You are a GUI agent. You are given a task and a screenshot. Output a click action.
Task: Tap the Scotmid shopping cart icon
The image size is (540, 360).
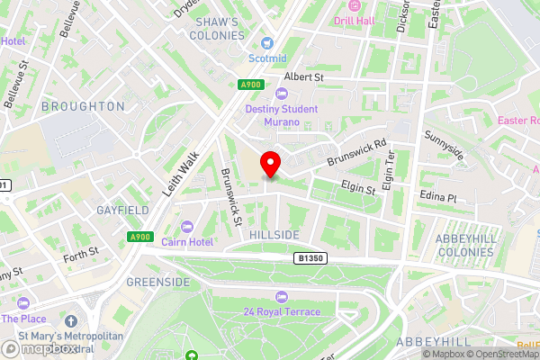point(267,43)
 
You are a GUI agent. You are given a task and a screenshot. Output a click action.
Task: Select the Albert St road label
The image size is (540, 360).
point(303,78)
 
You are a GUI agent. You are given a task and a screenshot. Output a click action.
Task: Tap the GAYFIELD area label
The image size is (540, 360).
point(121,210)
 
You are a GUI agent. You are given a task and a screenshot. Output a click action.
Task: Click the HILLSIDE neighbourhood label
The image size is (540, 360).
point(274,234)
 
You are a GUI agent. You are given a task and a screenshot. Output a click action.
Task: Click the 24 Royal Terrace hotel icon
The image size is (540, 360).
point(282,297)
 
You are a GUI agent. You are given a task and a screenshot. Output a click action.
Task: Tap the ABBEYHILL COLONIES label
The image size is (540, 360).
point(466,245)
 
